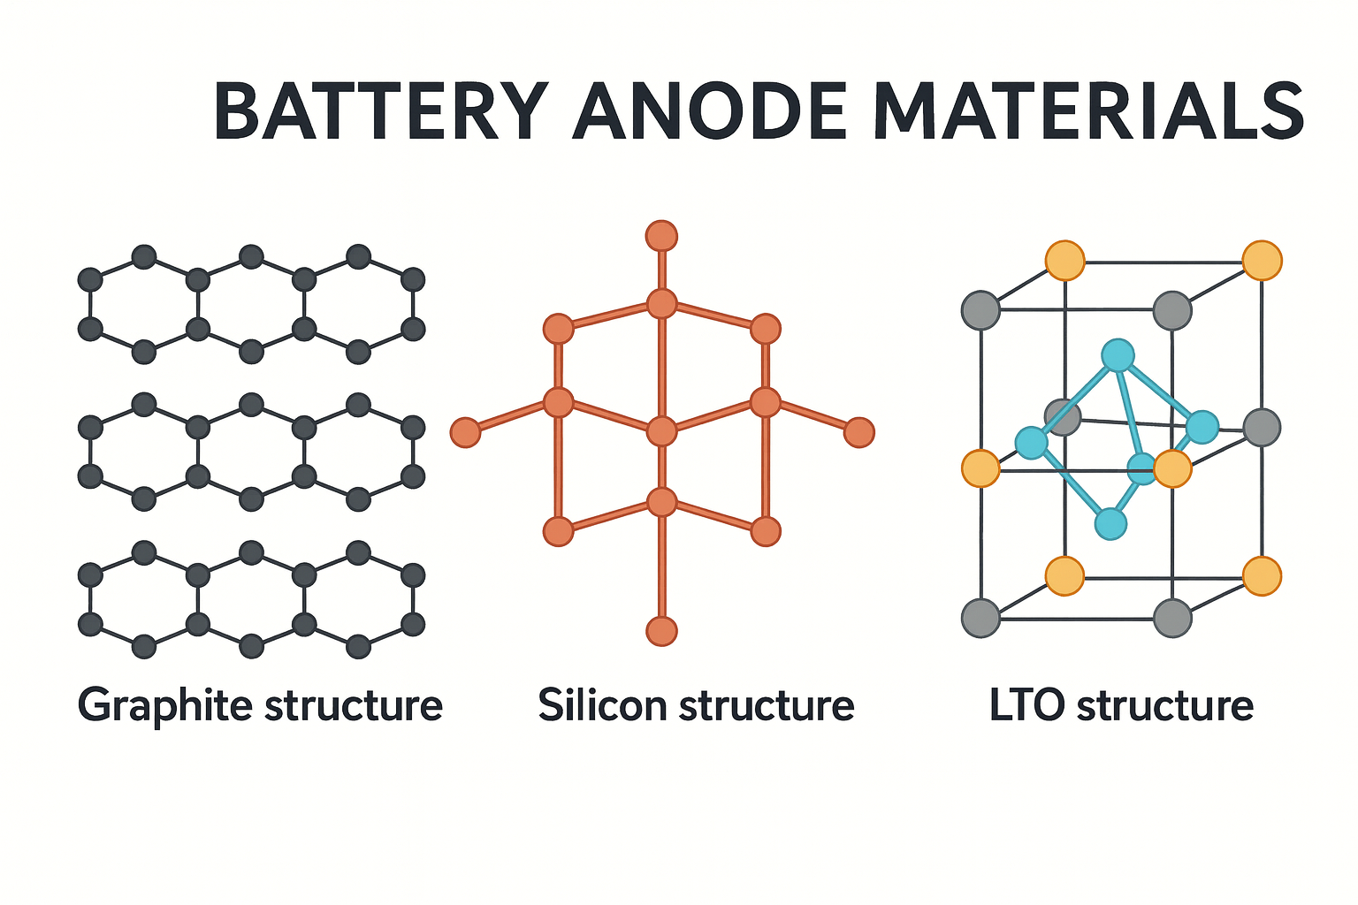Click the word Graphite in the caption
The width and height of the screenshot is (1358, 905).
point(164,706)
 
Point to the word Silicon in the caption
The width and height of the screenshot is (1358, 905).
point(602,705)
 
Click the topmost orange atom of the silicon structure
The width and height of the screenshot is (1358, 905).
point(661,236)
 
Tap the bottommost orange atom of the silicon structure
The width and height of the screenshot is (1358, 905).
point(661,631)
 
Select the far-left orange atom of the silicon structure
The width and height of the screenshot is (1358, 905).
point(465,432)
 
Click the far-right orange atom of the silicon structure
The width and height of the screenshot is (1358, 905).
point(858,432)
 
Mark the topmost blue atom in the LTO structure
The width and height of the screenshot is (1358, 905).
point(1118,355)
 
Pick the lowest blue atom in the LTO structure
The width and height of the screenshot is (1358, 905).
point(1110,523)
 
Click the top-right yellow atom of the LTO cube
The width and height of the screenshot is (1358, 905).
point(1262,261)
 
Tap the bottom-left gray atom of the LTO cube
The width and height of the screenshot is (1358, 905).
point(980,618)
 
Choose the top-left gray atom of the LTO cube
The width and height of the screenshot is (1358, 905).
point(980,310)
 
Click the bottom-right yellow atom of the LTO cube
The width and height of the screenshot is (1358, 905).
point(1262,575)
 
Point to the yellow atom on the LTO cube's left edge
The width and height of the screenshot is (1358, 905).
point(980,468)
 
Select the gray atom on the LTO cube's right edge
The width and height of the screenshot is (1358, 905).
point(1262,427)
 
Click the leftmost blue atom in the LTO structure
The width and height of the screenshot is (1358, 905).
point(1031,442)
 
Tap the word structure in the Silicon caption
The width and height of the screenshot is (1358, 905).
point(767,705)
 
